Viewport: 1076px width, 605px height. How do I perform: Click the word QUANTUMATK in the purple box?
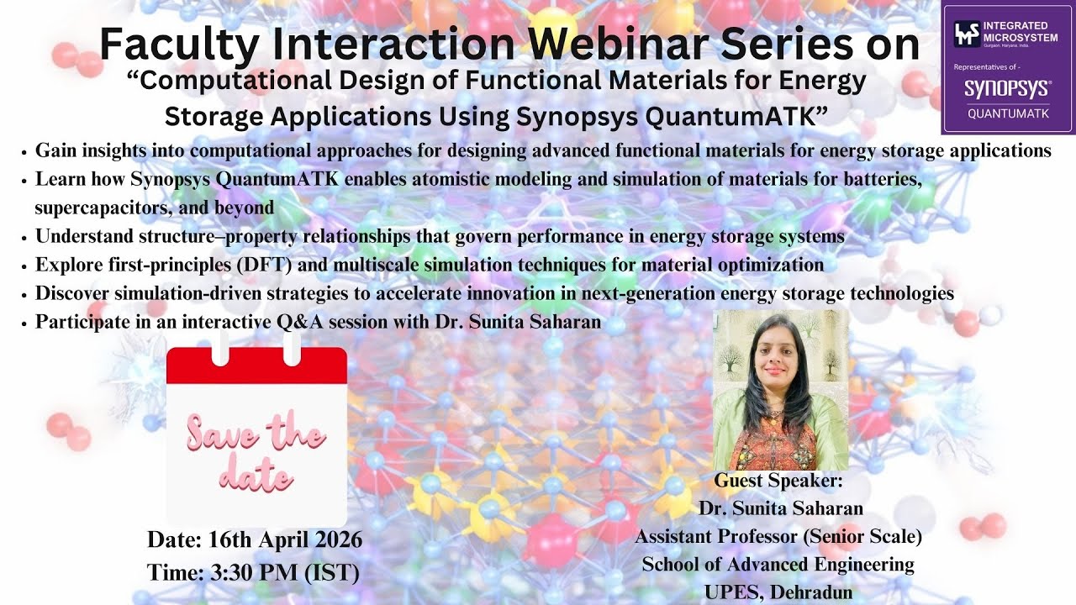[1008, 113]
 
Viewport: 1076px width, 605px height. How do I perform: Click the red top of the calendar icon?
[256, 366]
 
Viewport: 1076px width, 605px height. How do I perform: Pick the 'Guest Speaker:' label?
[778, 481]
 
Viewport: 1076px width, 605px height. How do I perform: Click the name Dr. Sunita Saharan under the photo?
[780, 508]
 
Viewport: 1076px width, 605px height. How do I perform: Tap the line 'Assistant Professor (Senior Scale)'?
[778, 536]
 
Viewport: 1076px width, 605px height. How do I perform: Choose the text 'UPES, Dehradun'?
[778, 592]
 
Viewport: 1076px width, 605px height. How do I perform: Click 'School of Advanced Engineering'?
[778, 564]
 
